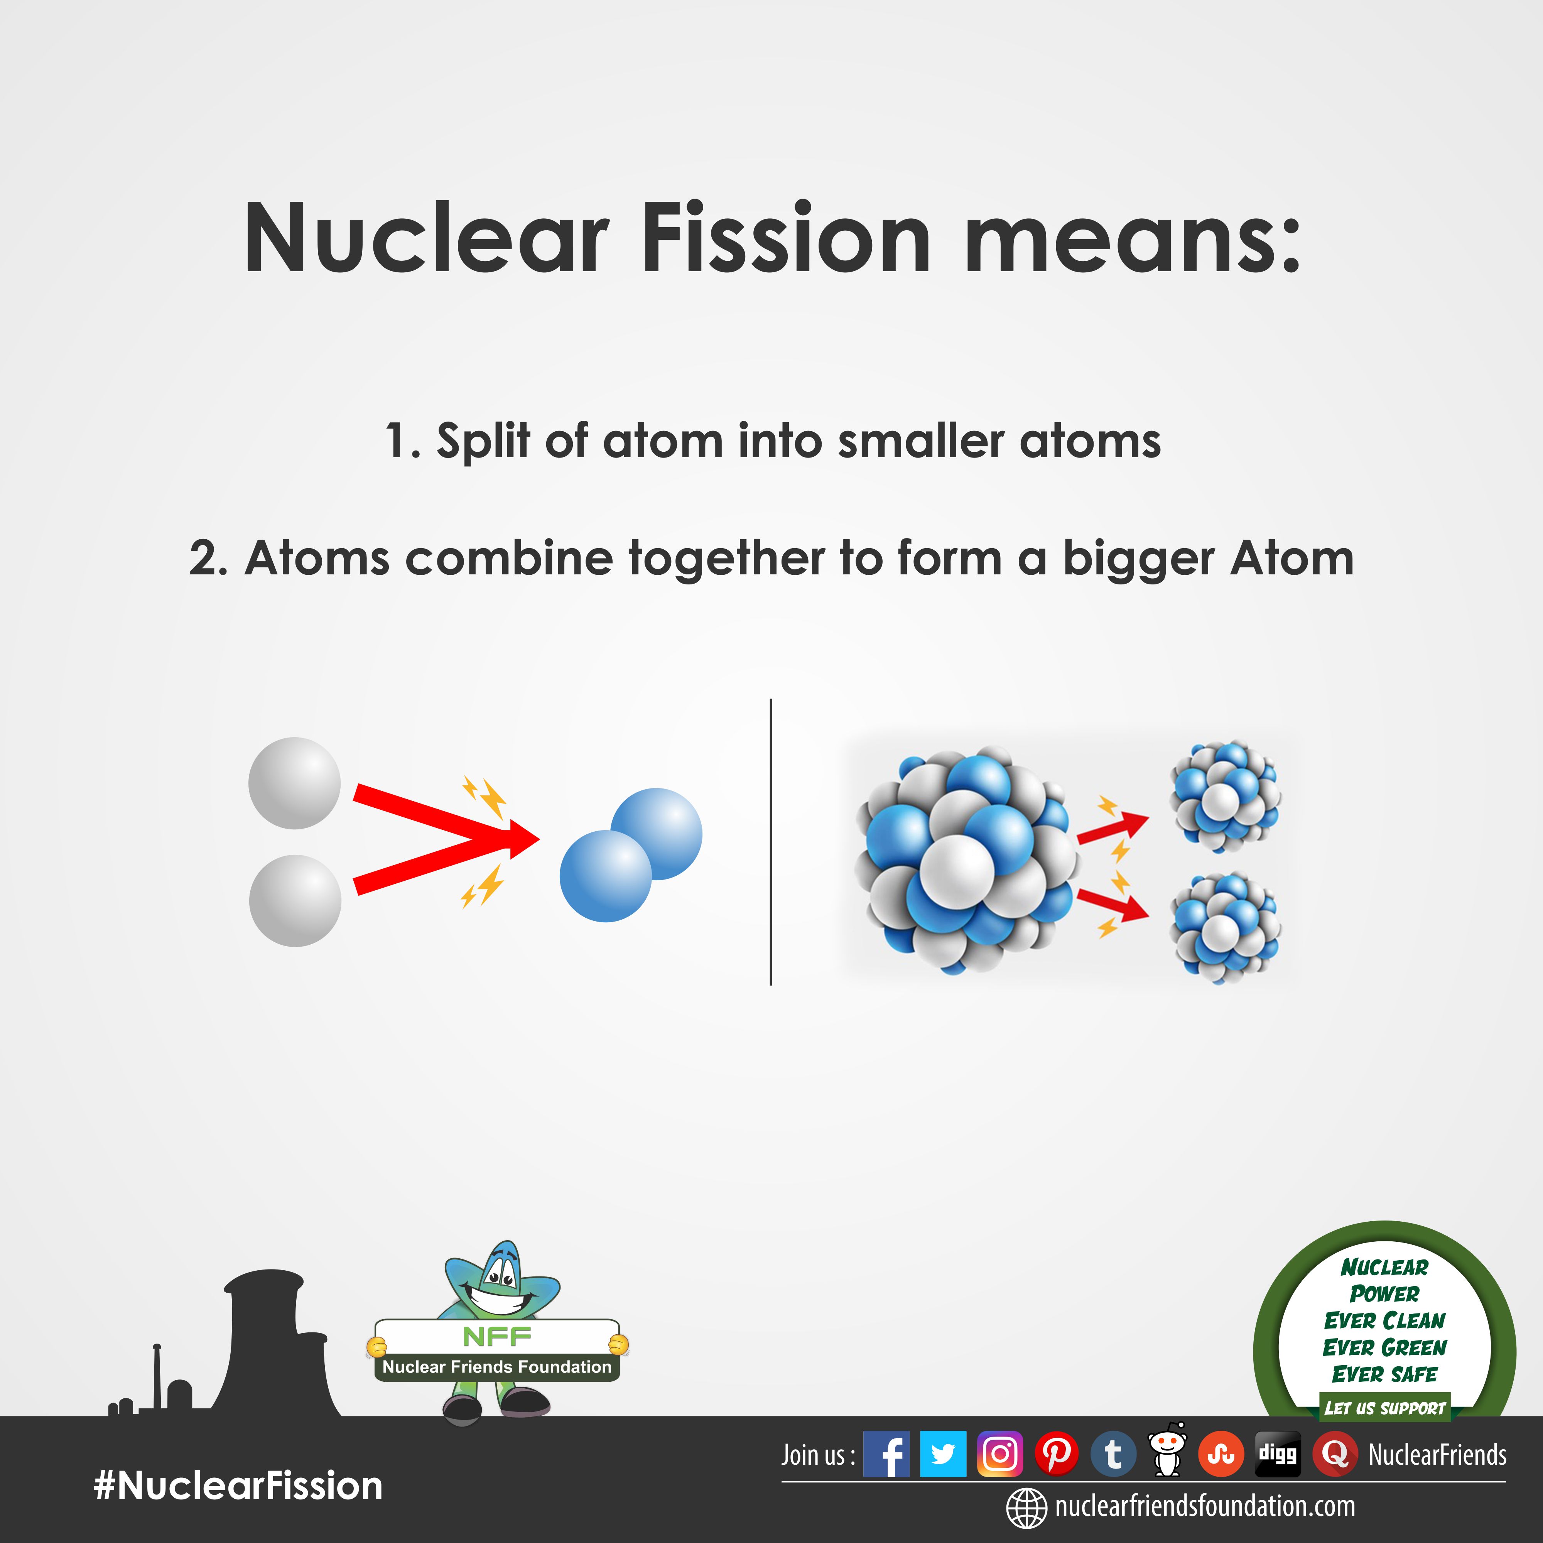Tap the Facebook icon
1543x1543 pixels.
point(886,1454)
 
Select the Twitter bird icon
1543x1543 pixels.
point(943,1454)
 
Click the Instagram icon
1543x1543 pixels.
point(1000,1454)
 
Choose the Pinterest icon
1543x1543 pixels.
point(1057,1454)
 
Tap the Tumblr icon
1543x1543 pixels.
point(1113,1454)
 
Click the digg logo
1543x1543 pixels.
point(1278,1454)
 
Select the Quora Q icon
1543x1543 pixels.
point(1335,1454)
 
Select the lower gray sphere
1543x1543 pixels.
point(295,901)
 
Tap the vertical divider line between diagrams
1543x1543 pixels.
point(771,842)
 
